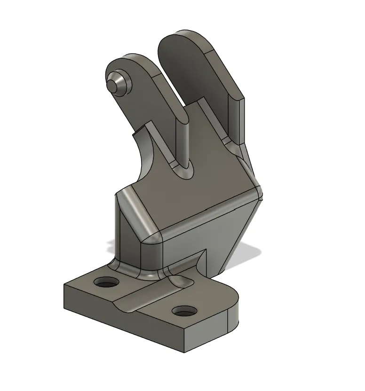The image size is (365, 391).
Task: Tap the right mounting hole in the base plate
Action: coord(184,311)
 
